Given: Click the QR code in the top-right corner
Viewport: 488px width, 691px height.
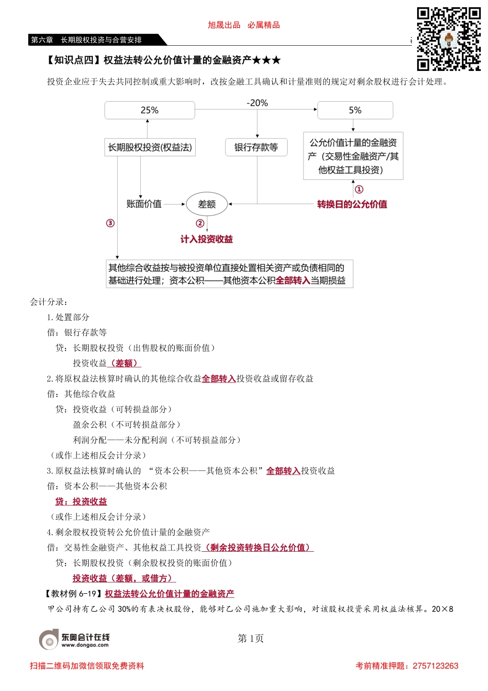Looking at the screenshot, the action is coord(448,39).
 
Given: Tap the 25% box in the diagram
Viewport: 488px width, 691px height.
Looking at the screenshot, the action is coord(149,111).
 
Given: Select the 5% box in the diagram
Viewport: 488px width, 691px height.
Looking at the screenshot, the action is coord(355,111).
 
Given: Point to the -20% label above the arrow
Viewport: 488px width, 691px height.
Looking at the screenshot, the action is coord(257,103).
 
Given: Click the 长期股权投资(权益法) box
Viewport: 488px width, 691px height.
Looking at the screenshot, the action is coord(149,148).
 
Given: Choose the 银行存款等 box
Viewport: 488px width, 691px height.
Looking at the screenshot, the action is coord(256,148).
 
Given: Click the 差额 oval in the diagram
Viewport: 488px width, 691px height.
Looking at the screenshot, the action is coord(207,204).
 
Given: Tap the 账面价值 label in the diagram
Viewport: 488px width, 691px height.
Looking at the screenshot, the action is coord(144,204).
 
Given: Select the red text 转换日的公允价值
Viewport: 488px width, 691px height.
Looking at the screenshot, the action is coord(352,204).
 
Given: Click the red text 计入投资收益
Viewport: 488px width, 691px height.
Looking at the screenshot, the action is coord(207,239).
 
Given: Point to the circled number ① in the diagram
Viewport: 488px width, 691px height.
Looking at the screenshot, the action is coord(359,190).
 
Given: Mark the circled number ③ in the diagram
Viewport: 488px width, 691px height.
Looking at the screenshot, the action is coord(110,223).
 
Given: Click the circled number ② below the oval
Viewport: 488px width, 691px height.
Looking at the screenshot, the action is coord(200,223).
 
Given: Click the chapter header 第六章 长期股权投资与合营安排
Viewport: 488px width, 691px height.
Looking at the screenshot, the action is coord(86,40).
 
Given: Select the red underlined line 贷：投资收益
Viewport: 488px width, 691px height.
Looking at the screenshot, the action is coord(81,501).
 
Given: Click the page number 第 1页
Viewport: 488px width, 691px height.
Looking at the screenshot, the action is coord(251,639).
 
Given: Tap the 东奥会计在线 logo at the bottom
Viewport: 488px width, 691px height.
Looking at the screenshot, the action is coord(74,639).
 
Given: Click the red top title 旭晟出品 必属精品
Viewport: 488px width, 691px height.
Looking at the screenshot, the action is coord(243,25).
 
